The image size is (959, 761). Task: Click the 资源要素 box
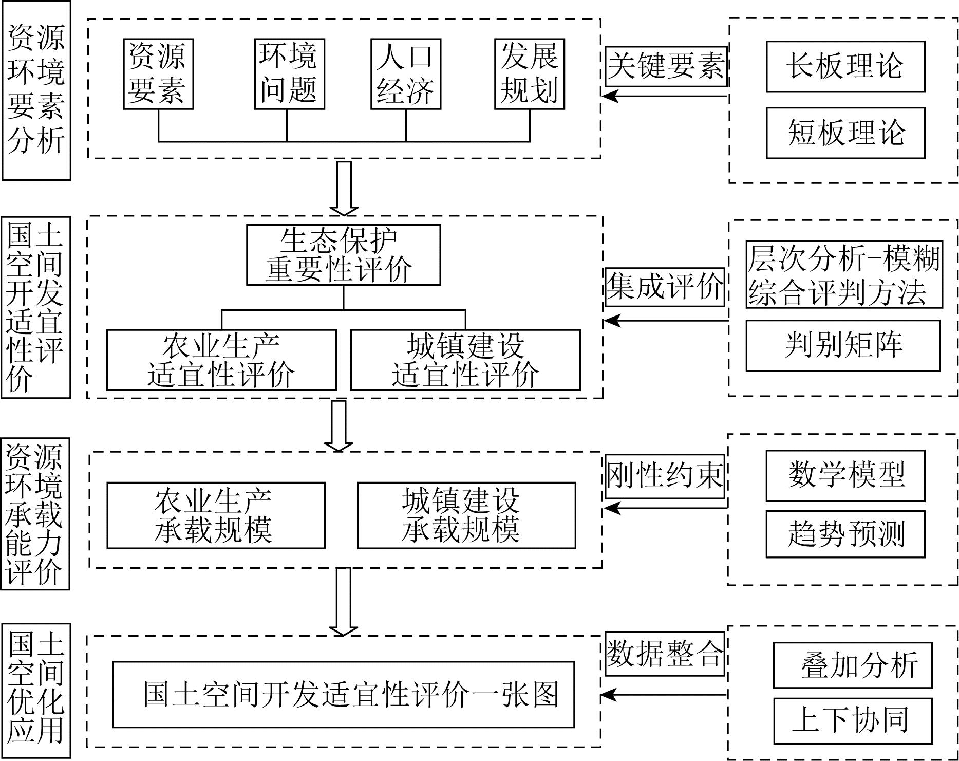158,74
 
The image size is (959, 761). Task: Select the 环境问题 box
290,74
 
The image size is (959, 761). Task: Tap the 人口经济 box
406,74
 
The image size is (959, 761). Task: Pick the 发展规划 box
530,74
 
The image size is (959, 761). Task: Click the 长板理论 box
845,67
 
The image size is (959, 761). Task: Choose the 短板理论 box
845,133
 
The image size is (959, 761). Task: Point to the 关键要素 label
666,67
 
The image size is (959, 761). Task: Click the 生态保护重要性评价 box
343,255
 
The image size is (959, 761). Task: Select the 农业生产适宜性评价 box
221,360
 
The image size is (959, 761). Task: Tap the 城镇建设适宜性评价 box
465,360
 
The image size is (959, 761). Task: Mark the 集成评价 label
665,287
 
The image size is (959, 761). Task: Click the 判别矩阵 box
843,345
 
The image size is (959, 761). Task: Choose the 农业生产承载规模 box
216,515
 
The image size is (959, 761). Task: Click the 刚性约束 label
665,476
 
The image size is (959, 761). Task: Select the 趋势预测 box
845,534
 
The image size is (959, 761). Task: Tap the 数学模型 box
845,476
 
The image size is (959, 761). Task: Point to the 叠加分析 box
853,665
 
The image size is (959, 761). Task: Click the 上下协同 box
853,721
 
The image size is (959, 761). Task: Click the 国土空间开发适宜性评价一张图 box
343,694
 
